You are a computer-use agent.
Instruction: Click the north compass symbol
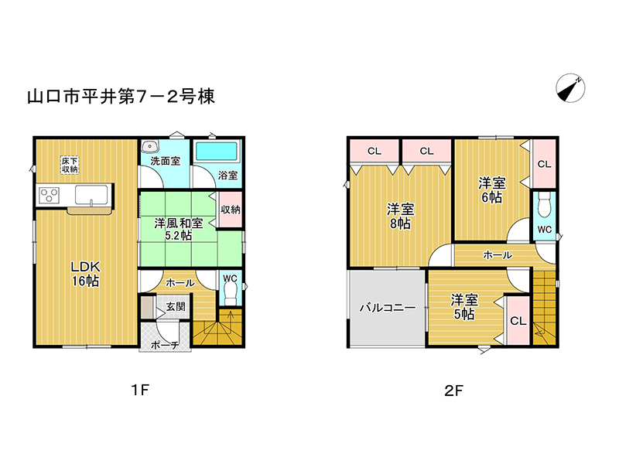click(570, 88)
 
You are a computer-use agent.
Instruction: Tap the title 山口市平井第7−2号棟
click(121, 97)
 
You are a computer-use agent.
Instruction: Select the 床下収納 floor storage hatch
click(70, 165)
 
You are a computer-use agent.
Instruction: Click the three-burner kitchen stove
click(50, 196)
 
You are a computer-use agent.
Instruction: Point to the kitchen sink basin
click(91, 196)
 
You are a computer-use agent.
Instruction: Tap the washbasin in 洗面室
click(150, 146)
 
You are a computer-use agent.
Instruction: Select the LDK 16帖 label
click(85, 274)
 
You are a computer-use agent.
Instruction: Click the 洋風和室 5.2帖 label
click(179, 229)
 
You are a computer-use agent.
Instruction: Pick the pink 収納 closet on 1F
click(230, 210)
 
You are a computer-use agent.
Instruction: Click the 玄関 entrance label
click(176, 306)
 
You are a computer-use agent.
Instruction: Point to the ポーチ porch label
click(165, 345)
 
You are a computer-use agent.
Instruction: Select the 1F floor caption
click(140, 390)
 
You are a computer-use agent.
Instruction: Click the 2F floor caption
click(453, 391)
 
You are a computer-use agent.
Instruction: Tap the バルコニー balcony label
click(388, 307)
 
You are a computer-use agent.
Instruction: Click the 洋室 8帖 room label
click(400, 217)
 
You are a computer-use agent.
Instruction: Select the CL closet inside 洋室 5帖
click(518, 320)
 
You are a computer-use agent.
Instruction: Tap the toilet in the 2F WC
click(545, 205)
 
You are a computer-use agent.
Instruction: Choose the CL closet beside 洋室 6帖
click(544, 164)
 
